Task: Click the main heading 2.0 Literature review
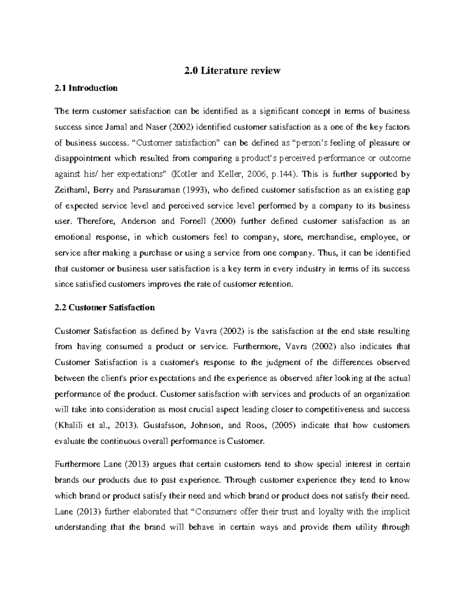[232, 71]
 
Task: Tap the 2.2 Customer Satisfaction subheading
[105, 307]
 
